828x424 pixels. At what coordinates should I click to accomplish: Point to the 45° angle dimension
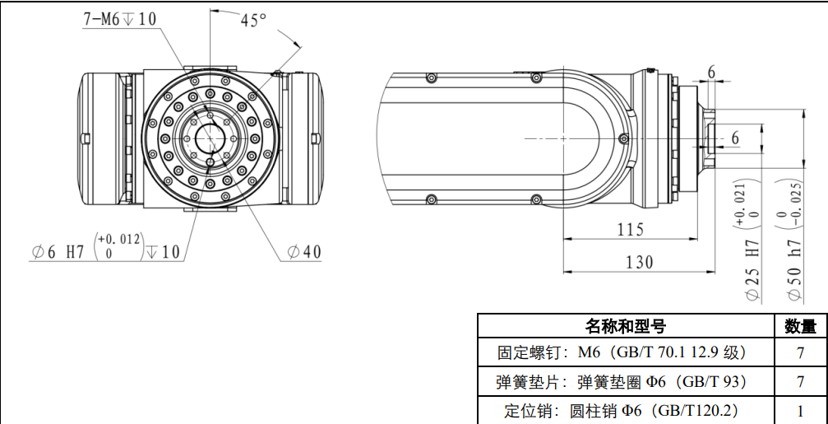click(x=253, y=21)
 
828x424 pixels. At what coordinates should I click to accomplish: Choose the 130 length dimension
click(x=638, y=262)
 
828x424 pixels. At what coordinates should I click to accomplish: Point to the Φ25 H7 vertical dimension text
click(x=751, y=268)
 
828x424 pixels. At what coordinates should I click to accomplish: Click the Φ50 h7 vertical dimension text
click(x=793, y=268)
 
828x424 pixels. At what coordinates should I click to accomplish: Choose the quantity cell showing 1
click(x=799, y=410)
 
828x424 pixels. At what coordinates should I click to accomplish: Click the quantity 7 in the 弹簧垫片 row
click(x=799, y=382)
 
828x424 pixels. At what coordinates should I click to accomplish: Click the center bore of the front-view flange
click(x=210, y=137)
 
